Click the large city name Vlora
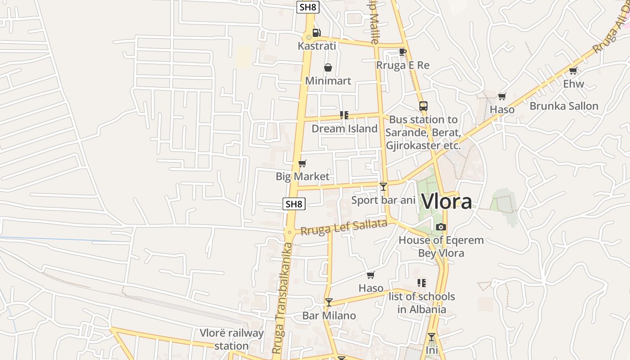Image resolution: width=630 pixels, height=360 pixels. point(446,201)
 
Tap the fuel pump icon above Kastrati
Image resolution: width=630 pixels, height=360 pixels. point(317,32)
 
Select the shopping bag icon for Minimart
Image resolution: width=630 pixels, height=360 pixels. point(328,67)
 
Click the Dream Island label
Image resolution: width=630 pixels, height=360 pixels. point(345,129)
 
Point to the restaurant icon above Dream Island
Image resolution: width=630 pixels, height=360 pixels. point(344,115)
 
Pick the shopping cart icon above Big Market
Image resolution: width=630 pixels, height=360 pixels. point(302,163)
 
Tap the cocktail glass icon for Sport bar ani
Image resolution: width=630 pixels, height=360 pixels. point(383,186)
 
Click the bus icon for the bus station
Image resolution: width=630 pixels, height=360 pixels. point(423,106)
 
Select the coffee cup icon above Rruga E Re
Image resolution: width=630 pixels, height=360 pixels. point(403,52)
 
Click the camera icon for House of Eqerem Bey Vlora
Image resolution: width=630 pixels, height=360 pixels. point(441,227)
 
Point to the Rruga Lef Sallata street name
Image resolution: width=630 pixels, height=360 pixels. point(344,227)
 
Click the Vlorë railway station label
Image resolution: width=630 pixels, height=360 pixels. point(232,339)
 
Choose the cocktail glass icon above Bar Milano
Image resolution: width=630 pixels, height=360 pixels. point(329,302)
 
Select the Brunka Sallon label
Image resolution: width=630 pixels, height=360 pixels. point(564,106)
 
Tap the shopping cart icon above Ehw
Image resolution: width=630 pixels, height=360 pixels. point(573,70)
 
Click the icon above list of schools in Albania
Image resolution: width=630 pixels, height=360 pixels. point(422,283)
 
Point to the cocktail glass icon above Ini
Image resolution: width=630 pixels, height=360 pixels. point(432,337)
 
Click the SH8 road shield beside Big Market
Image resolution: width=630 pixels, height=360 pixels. point(294,204)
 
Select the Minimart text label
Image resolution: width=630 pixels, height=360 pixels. point(328,81)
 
